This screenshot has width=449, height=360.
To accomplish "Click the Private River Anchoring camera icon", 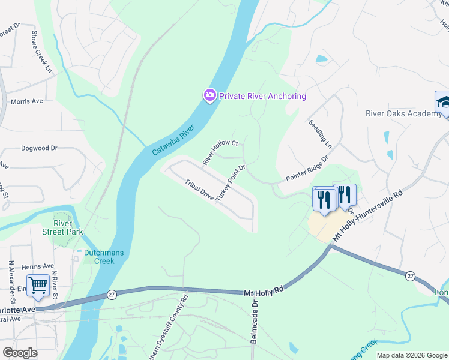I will click(209, 95).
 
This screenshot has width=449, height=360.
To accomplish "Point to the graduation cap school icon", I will click(444, 101).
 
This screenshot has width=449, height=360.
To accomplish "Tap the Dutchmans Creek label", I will click(103, 256).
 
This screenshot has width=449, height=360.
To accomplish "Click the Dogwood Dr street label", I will click(39, 147).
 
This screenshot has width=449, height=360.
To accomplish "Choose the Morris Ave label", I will click(27, 101).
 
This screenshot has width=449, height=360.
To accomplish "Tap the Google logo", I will click(20, 353).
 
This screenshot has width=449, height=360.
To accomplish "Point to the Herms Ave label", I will click(37, 266).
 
